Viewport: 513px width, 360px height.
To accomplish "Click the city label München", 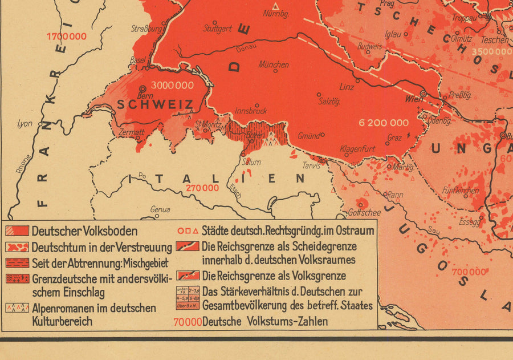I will pos(274,64).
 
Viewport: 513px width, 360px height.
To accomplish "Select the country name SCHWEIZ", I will pos(156,104).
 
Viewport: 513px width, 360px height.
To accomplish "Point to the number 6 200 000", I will pos(384,123).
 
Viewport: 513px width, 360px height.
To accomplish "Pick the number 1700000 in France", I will pos(67,37).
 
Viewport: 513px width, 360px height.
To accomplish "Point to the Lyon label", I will pos(25,123).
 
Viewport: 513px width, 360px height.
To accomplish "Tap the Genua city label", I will pos(160,209).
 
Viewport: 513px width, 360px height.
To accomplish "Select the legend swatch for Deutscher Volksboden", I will pos(17,231).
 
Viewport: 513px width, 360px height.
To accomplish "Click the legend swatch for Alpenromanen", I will pos(17,308).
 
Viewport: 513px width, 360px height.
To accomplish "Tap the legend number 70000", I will pos(188,321).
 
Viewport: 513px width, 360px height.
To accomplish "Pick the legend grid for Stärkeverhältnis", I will pos(188,297).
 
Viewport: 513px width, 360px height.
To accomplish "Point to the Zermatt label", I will pos(132,132).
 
